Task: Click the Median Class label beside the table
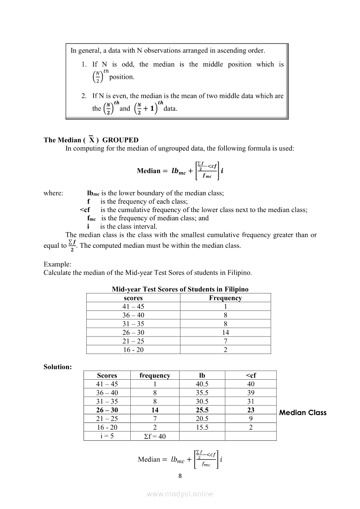302,413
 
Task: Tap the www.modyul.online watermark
180,494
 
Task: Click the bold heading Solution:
58,367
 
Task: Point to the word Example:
58,264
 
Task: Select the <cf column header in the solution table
251,375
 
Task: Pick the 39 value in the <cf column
251,393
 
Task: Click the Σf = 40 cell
155,436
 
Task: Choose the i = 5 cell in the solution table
107,436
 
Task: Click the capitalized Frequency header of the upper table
225,298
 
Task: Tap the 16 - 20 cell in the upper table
133,350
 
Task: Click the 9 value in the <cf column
251,419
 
